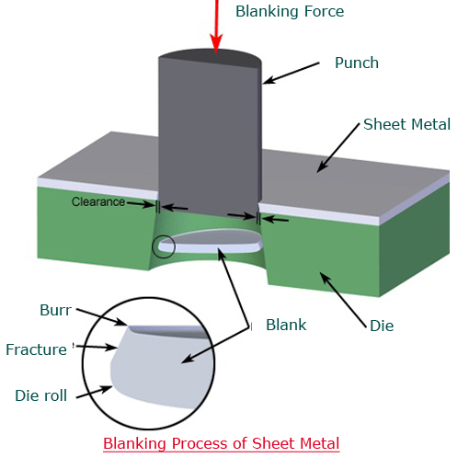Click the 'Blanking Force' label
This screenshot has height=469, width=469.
tap(290, 12)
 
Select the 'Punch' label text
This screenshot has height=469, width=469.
tap(357, 63)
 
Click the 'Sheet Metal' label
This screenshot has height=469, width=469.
tap(406, 124)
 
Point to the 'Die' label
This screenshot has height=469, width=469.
tap(382, 326)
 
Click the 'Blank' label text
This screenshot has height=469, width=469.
tap(286, 325)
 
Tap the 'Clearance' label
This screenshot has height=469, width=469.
tap(98, 202)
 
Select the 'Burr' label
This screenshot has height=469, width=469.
tap(55, 310)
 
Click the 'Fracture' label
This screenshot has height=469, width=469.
tap(36, 349)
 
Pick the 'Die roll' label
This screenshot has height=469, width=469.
tap(40, 395)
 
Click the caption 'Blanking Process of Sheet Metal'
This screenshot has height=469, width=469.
tap(221, 443)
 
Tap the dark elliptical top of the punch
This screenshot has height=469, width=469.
tap(212, 57)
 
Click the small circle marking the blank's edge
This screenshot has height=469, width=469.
tap(164, 246)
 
